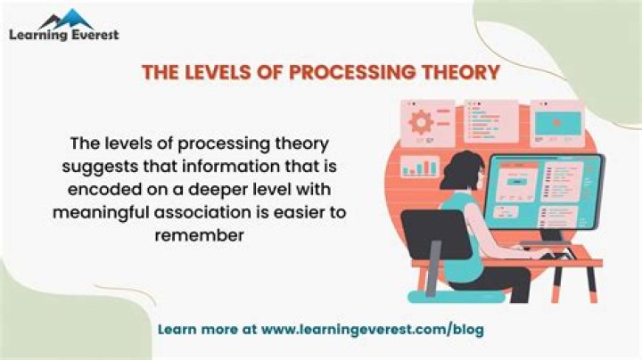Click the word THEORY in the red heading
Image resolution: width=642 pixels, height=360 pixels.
467,72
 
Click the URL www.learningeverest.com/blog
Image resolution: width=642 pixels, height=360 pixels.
373,330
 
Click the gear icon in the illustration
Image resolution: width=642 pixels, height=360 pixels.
417,119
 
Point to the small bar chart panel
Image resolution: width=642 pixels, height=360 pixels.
421,166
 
